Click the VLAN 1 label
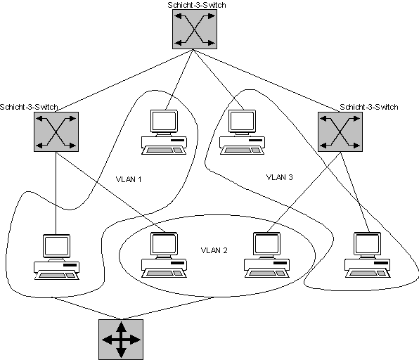click(129, 179)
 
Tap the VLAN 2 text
click(214, 250)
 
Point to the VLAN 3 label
click(280, 177)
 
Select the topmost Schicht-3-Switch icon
click(195, 30)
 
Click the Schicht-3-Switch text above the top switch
click(197, 5)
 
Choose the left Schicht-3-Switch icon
click(56, 131)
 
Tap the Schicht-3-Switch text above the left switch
click(29, 107)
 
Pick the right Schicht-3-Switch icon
click(340, 131)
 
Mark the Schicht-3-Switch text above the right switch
click(369, 107)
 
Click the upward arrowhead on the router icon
click(121, 326)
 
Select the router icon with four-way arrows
click(121, 340)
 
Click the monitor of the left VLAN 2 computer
click(164, 244)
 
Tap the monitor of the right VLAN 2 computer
click(266, 244)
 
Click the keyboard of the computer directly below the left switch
click(57, 276)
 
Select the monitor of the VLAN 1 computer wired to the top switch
click(164, 122)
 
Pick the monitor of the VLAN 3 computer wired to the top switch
click(242, 122)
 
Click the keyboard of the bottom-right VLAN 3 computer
click(368, 274)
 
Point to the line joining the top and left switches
click(124, 81)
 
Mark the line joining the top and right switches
click(266, 81)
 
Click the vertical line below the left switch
click(56, 193)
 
